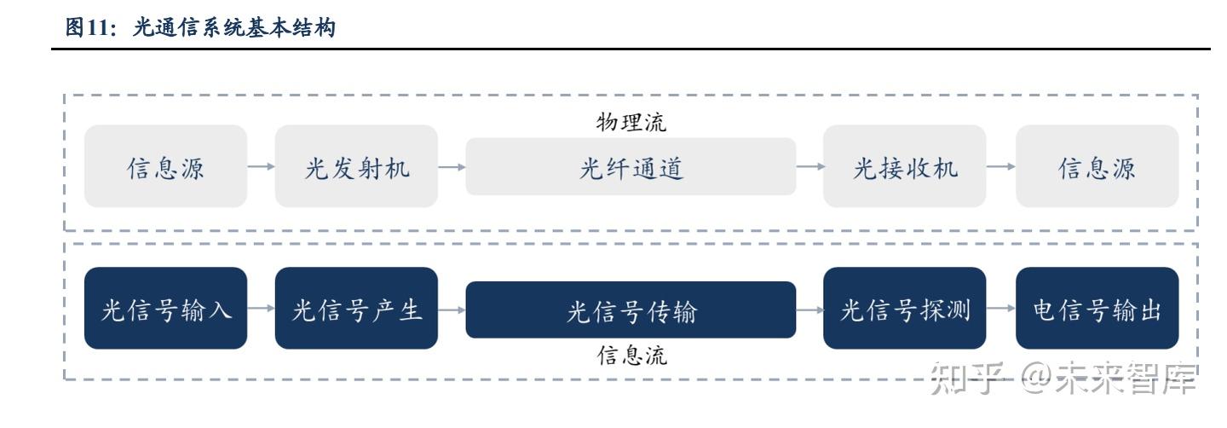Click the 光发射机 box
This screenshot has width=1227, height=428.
(356, 166)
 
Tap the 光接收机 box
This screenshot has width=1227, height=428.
(904, 166)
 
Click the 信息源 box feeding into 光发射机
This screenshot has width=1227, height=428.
(165, 166)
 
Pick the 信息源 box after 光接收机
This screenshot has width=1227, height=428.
(1097, 166)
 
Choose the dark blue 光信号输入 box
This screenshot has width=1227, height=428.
(165, 309)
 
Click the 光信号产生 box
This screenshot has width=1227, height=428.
(356, 309)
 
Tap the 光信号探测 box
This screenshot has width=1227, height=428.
(904, 309)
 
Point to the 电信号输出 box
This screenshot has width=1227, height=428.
(1097, 309)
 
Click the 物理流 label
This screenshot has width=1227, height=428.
(631, 123)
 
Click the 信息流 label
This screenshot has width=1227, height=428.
(631, 355)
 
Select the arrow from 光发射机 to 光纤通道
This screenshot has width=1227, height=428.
(452, 167)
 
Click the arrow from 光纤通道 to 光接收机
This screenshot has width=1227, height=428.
(809, 167)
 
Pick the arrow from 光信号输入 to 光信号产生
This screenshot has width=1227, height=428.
(261, 309)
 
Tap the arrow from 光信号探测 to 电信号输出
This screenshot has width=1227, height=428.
(1001, 309)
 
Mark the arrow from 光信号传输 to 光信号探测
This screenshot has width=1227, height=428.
(809, 309)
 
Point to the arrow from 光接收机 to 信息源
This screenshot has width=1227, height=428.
(1001, 167)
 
